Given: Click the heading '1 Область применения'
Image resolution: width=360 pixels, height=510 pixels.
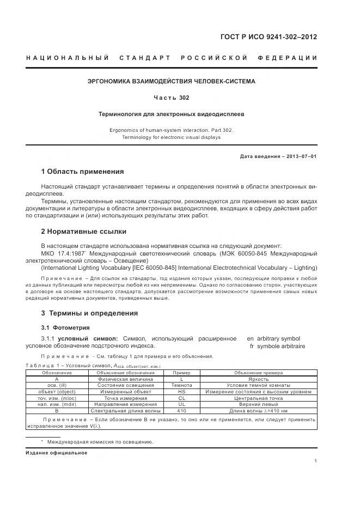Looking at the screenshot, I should click(x=82, y=172).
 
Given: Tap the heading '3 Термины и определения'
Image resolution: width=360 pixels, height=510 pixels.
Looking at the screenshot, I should click(x=89, y=313).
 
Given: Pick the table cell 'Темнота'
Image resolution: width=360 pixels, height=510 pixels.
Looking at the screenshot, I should click(x=182, y=385).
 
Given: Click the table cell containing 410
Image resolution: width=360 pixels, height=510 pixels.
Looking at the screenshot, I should click(x=182, y=411).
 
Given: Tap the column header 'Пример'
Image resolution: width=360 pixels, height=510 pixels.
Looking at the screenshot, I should click(x=182, y=372).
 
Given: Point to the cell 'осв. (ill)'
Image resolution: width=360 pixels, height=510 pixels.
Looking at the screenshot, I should click(x=57, y=385).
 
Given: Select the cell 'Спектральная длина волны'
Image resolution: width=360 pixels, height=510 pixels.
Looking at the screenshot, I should click(x=126, y=411).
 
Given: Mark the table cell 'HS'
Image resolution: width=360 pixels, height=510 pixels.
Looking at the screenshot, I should click(x=182, y=391).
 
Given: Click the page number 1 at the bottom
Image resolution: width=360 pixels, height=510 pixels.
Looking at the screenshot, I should click(x=316, y=461).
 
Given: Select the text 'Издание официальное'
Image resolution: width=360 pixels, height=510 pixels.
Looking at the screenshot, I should click(x=57, y=453).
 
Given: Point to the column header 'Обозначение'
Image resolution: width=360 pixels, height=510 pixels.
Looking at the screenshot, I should click(x=57, y=372).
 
